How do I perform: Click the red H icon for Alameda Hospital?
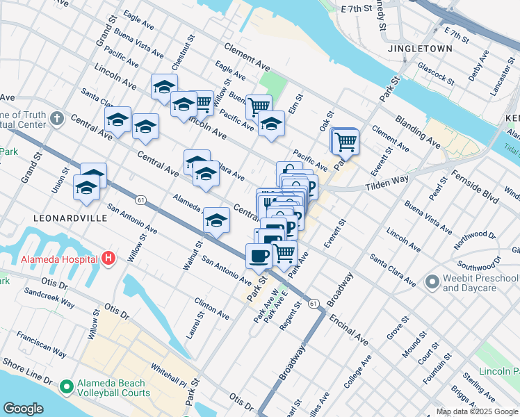pyautogui.click(x=108, y=259)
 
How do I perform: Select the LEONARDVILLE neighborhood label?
pyautogui.click(x=71, y=218)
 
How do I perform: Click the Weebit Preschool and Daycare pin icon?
pyautogui.click(x=432, y=281)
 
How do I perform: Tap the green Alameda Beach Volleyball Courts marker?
pyautogui.click(x=67, y=386)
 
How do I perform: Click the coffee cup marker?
pyautogui.click(x=259, y=255)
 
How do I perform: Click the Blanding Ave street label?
pyautogui.click(x=417, y=132)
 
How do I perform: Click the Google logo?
pyautogui.click(x=24, y=409)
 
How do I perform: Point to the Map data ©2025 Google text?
pyautogui.click(x=477, y=411)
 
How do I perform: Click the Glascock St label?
pyautogui.click(x=436, y=73)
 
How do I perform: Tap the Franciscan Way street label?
pyautogui.click(x=42, y=343)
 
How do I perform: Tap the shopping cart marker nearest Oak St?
pyautogui.click(x=345, y=142)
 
